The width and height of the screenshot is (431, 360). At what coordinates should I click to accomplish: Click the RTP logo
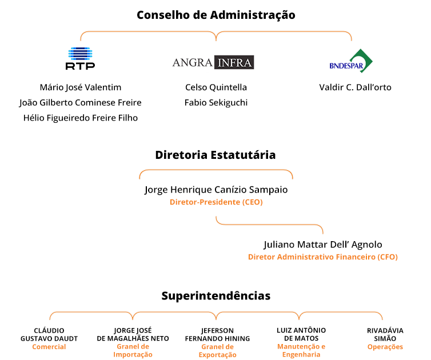click(80, 58)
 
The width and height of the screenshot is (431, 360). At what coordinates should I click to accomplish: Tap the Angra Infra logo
click(213, 62)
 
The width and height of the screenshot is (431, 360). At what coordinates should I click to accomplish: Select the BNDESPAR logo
click(351, 61)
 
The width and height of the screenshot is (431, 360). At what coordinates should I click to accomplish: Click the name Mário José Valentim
click(81, 87)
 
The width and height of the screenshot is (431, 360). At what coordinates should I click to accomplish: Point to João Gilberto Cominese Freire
click(80, 102)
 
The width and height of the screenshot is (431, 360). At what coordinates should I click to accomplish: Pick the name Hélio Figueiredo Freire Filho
click(81, 118)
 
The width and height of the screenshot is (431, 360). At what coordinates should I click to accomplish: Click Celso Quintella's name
click(216, 87)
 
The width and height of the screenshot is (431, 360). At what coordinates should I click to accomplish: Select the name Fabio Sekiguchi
click(216, 102)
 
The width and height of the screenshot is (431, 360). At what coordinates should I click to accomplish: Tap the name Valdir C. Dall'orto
click(355, 87)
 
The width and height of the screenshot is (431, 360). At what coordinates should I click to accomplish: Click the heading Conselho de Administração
click(216, 15)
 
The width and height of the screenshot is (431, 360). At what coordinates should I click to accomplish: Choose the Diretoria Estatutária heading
click(215, 155)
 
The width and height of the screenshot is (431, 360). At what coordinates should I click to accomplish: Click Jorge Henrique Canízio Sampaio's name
click(216, 190)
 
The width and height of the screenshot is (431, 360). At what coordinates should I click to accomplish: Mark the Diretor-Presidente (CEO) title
click(216, 202)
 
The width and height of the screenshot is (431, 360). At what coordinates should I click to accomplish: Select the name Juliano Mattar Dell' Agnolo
click(323, 245)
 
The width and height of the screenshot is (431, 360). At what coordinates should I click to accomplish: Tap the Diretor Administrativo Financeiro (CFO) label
click(323, 257)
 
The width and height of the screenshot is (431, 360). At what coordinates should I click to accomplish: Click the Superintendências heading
click(216, 295)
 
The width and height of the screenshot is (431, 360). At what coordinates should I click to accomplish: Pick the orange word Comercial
click(49, 347)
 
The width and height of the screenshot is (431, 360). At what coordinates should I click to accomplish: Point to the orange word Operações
click(385, 347)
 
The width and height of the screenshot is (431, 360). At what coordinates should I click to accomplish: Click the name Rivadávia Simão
click(385, 334)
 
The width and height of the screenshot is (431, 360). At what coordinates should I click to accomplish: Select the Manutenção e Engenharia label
click(301, 351)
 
